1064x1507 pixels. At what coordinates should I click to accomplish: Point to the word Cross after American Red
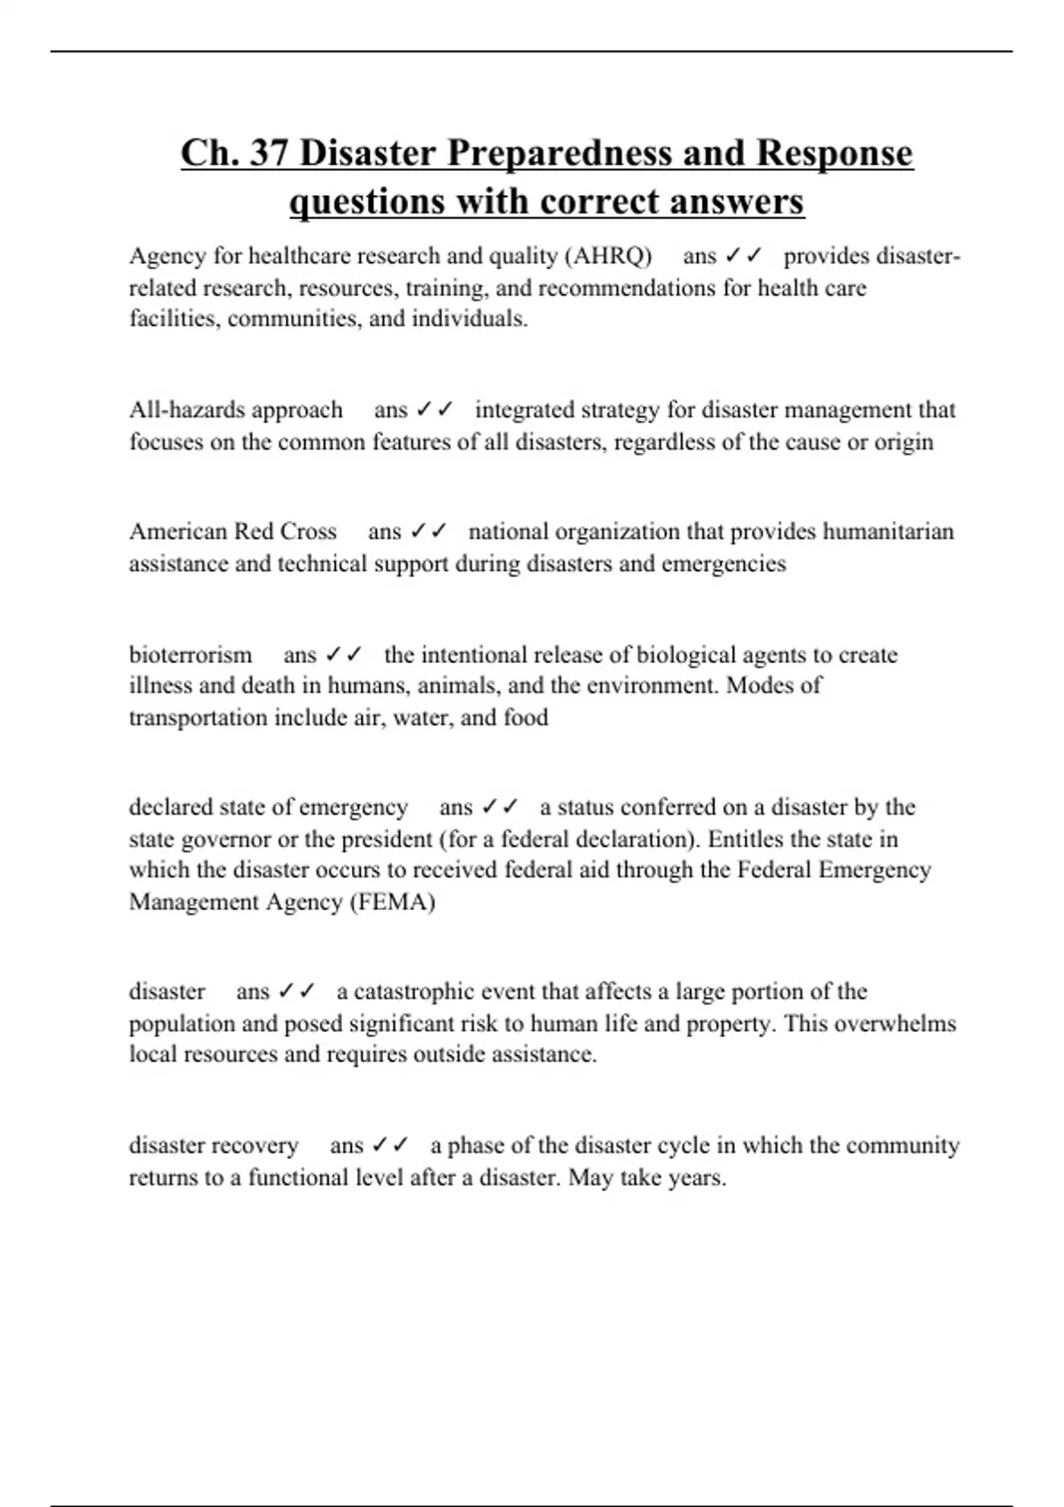pyautogui.click(x=309, y=531)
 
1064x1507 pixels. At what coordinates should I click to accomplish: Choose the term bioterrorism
pyautogui.click(x=191, y=655)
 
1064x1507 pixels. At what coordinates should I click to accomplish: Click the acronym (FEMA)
pyautogui.click(x=393, y=902)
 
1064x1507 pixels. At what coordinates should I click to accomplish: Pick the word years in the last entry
pyautogui.click(x=697, y=1178)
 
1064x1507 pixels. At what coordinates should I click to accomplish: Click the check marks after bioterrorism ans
pyautogui.click(x=344, y=655)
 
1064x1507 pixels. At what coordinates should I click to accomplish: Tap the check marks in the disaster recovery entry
pyautogui.click(x=390, y=1145)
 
